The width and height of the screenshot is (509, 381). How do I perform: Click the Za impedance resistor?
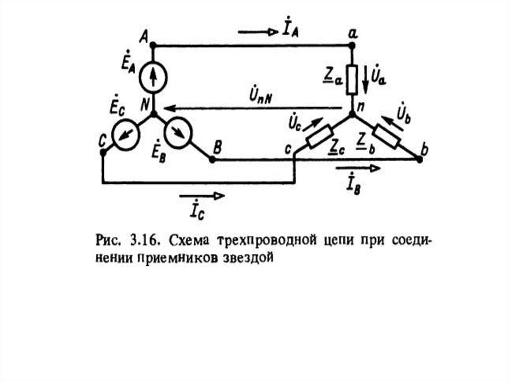tap(352, 79)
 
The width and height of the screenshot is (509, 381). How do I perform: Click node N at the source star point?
tap(153, 114)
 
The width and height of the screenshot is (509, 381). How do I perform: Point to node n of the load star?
tap(352, 114)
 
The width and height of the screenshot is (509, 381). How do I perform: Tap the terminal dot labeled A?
tap(153, 46)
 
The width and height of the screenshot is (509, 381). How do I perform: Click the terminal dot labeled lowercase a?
tap(352, 46)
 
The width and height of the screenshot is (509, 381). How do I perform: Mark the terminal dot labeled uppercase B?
tap(211, 159)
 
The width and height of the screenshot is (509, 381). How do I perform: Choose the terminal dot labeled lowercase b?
tap(419, 159)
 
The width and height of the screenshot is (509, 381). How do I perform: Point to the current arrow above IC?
tap(204, 196)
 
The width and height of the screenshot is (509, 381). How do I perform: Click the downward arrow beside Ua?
tap(366, 79)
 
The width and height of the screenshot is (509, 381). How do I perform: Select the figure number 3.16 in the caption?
tap(144, 242)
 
